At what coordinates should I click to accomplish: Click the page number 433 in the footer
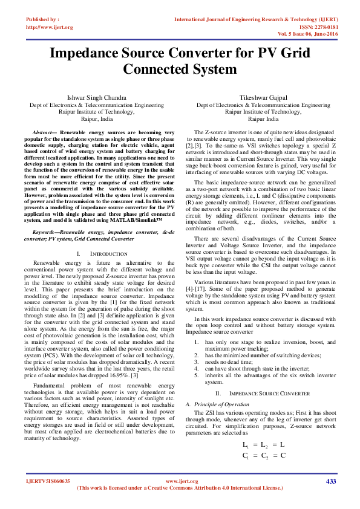coord(330,481)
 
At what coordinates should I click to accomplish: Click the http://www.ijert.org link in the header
coord(50,27)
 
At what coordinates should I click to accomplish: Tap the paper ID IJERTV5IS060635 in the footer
coord(48,481)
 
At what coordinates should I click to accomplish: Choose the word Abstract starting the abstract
coord(42,131)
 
